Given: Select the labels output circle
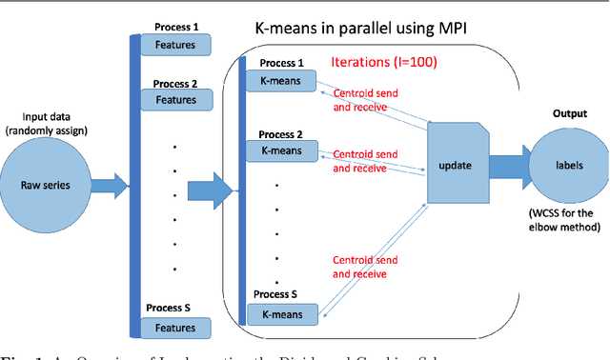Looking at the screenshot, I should click(x=570, y=164).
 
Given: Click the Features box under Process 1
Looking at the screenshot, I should click(x=175, y=44).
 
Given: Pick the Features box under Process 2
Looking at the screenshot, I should click(x=175, y=100).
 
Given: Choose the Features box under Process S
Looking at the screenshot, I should click(x=175, y=328).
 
